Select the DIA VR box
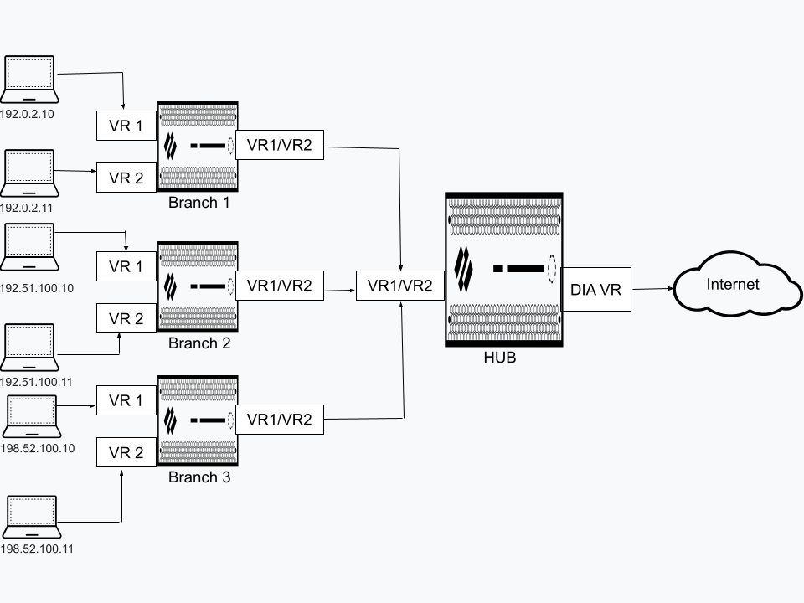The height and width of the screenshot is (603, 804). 595,290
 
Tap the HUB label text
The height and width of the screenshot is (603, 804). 500,358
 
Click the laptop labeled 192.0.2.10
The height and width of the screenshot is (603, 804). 29,80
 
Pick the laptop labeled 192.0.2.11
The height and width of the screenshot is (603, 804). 29,173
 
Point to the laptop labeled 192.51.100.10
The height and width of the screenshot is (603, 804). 29,247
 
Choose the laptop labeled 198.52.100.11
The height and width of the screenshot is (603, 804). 31,518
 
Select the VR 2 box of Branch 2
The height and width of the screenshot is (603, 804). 126,319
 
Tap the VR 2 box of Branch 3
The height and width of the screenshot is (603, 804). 126,453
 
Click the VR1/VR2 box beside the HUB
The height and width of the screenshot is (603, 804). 399,286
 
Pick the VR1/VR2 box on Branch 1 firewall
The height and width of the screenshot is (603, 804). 280,145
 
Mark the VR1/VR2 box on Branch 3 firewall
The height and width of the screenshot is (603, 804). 280,419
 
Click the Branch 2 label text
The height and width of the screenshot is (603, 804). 199,343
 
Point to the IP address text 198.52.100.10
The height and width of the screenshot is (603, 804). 38,448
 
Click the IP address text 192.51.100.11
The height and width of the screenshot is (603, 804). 37,381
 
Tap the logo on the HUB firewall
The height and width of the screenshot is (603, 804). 463,268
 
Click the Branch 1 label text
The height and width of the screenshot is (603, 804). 199,202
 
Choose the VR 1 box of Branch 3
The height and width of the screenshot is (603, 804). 126,400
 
